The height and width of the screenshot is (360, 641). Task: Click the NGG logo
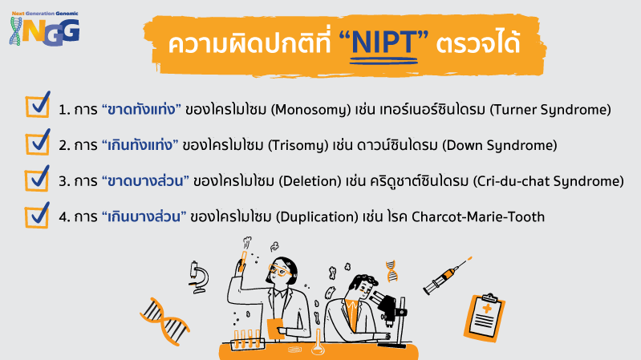click(44, 29)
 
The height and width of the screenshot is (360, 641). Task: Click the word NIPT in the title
click(383, 42)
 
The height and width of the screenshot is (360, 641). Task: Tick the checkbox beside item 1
click(38, 104)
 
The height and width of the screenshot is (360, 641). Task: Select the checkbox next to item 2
click(38, 142)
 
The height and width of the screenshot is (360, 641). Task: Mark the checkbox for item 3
click(38, 178)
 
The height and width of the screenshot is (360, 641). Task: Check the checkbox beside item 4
click(38, 215)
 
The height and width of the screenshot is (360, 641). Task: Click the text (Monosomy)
click(310, 110)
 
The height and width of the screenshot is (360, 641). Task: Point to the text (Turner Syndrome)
click(550, 110)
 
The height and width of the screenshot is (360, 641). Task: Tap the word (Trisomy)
click(298, 145)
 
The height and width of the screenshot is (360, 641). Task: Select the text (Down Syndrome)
click(500, 145)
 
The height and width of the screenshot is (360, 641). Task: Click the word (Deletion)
click(310, 181)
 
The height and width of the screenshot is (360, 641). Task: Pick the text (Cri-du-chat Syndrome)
click(548, 181)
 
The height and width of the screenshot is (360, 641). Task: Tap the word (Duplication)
click(317, 216)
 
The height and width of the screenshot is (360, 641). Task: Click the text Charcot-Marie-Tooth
click(478, 216)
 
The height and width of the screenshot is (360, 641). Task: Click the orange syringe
click(446, 277)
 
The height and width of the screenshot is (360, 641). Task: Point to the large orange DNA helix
click(164, 322)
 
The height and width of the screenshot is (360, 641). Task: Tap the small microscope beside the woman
click(199, 277)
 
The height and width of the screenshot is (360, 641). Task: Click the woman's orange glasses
click(279, 270)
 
